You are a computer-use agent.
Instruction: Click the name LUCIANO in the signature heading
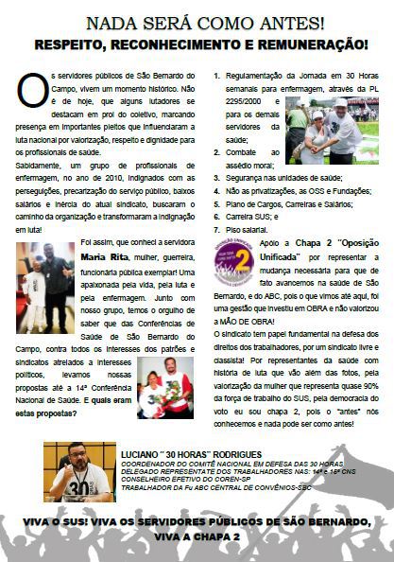[x=147, y=456]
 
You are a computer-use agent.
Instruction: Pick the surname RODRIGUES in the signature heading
[x=237, y=456]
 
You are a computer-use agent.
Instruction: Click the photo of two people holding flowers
[x=165, y=387]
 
